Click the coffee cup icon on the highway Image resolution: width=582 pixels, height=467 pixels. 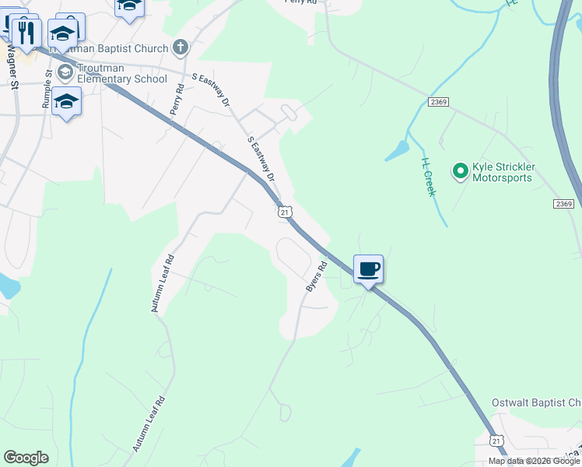pos(369,269)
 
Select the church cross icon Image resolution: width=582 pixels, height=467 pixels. pos(180,47)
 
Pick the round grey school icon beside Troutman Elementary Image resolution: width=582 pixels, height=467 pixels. pos(65,72)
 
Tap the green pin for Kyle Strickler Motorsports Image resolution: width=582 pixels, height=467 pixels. pos(460,170)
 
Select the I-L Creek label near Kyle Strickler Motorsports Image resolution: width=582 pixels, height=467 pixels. pos(428,177)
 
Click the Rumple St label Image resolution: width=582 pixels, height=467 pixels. pos(47,88)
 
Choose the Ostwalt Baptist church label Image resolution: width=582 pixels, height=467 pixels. pos(536,402)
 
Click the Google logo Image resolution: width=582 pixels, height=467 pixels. pos(26,458)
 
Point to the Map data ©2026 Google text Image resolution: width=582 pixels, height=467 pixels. pos(534,461)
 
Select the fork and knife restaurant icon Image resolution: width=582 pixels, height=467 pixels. pos(27,33)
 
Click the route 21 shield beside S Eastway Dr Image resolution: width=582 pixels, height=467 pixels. pos(285,212)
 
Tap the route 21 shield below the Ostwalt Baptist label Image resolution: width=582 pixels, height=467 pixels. pos(496,441)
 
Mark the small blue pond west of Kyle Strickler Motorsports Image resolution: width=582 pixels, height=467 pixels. pos(397,149)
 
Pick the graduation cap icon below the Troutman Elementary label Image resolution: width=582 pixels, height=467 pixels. pos(67,102)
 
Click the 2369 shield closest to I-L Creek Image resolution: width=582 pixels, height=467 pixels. pos(437,103)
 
